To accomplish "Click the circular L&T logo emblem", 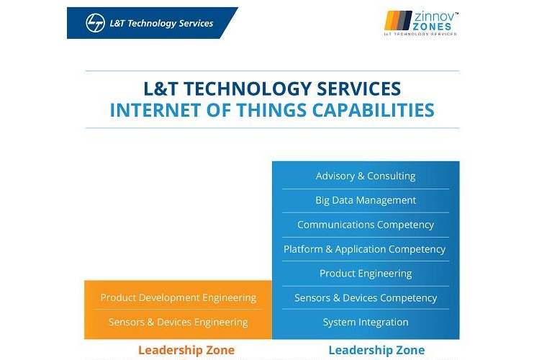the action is (95, 23).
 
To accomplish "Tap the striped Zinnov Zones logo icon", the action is (398, 20).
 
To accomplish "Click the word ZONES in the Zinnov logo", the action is (432, 27).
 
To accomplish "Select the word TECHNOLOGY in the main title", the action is (248, 89).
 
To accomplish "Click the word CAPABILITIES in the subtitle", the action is (373, 110).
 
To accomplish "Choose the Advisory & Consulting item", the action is (366, 176).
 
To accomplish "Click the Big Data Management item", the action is (366, 200).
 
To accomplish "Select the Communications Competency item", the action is (366, 225).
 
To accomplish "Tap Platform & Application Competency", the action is (365, 249).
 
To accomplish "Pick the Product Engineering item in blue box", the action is (366, 274).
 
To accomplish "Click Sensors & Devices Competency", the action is (366, 298).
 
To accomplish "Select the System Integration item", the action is (366, 322).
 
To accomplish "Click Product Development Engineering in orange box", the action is (178, 297).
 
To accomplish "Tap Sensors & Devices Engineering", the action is (178, 322).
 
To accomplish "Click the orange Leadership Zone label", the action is (186, 350).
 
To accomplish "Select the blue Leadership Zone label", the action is (376, 350).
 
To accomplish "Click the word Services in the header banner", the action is (196, 23).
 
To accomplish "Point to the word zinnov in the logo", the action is (435, 17).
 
